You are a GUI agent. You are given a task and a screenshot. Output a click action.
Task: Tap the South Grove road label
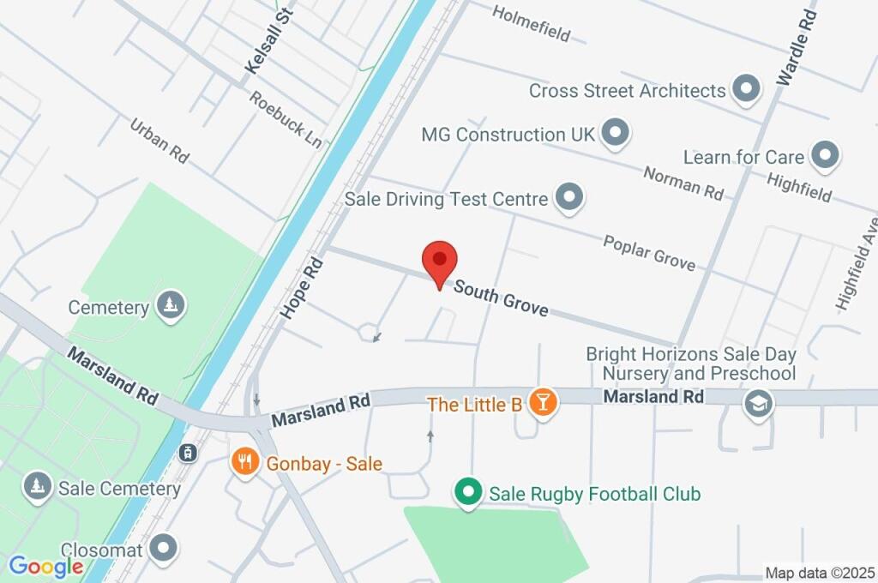[501, 298]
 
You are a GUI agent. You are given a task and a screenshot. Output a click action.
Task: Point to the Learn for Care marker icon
[826, 156]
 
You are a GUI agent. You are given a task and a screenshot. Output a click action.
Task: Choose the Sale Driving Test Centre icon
[568, 198]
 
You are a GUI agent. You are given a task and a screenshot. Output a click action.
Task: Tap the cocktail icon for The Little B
[542, 401]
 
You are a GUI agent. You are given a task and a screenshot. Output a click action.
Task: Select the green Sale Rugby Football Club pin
[467, 492]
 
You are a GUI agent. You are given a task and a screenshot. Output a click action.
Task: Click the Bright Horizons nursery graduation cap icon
[759, 403]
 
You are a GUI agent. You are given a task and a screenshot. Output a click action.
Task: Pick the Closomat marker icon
[163, 547]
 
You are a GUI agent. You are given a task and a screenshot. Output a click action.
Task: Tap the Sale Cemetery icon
[37, 486]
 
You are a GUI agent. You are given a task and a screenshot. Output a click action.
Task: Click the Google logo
[45, 567]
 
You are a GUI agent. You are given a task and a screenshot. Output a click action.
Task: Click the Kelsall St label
[268, 40]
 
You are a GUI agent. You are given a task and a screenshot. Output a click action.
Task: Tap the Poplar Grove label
[649, 252]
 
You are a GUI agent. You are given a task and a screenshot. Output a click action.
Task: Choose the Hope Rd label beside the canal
[300, 287]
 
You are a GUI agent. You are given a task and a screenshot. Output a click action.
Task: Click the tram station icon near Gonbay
[186, 453]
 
